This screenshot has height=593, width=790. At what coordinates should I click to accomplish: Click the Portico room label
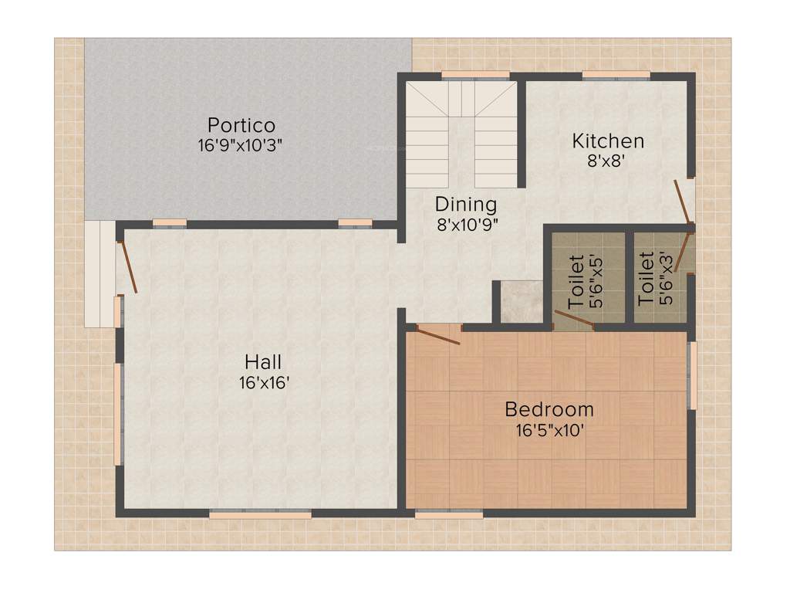[241, 125]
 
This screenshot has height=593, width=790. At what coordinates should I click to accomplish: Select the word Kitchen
[608, 141]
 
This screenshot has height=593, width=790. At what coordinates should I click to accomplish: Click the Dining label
[465, 205]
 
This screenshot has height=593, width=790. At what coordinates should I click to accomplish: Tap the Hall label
[263, 361]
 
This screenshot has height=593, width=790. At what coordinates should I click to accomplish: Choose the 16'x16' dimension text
[264, 382]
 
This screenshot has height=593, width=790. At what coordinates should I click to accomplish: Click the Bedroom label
[549, 409]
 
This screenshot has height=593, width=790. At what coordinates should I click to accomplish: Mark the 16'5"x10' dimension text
[549, 430]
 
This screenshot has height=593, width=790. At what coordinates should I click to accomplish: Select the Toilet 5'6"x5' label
[586, 281]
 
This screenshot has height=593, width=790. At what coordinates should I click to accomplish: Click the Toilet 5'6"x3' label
[657, 277]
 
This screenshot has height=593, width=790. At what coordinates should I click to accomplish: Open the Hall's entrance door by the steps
[127, 267]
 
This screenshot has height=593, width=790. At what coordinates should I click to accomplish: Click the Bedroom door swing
[437, 334]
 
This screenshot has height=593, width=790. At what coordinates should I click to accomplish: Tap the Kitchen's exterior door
[684, 205]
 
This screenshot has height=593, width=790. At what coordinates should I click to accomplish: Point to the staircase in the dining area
[461, 135]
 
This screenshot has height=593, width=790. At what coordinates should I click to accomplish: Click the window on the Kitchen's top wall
[616, 75]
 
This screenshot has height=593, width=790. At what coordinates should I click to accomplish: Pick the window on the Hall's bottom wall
[260, 513]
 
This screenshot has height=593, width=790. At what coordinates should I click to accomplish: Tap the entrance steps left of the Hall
[100, 274]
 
